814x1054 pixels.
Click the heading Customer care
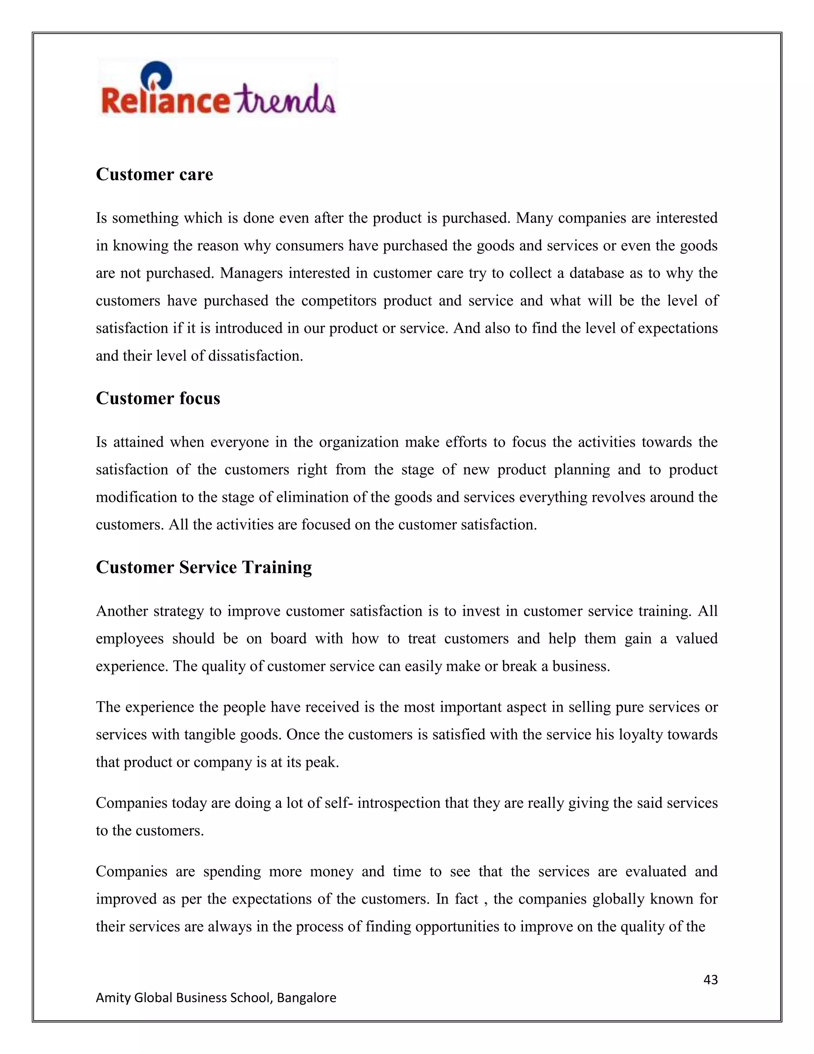(154, 174)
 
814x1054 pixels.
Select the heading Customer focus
(158, 398)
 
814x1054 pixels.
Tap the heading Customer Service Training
(203, 567)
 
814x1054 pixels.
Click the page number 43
(710, 980)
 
